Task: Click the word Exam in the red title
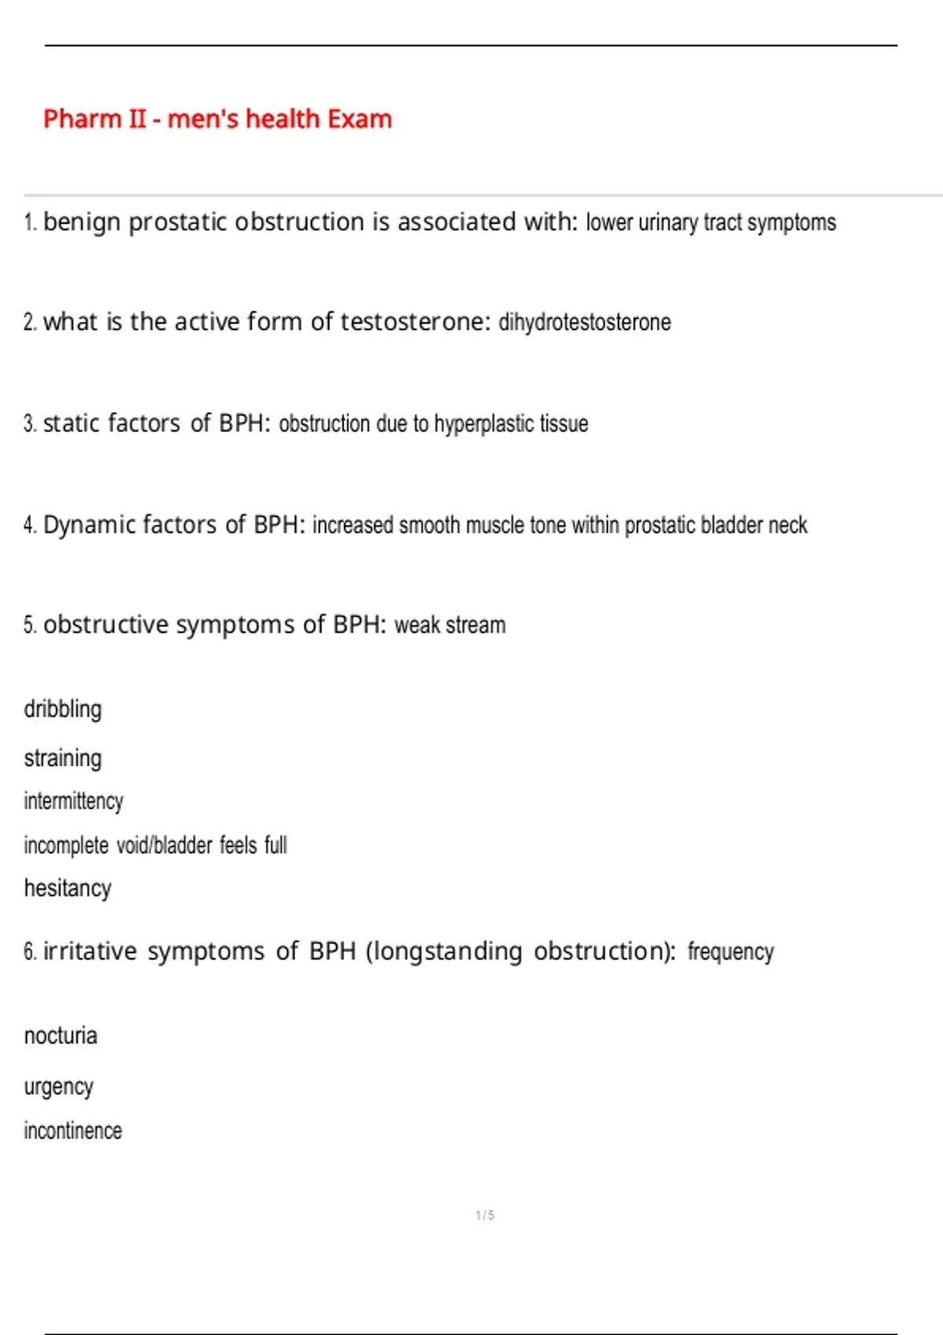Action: tap(359, 119)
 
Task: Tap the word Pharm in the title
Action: tap(82, 119)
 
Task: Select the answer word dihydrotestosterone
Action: tap(585, 322)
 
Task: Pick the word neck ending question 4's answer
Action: tap(787, 525)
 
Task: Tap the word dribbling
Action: tap(63, 709)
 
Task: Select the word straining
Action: tap(63, 759)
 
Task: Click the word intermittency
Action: tap(73, 801)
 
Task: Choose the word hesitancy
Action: tap(68, 888)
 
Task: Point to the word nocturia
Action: tap(61, 1036)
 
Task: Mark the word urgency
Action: tap(59, 1087)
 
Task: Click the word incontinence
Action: tap(72, 1131)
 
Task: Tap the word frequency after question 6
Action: tap(731, 952)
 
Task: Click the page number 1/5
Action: tap(485, 1216)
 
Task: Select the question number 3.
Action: tap(30, 424)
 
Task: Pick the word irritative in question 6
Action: tap(90, 952)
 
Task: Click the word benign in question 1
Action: tap(81, 222)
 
